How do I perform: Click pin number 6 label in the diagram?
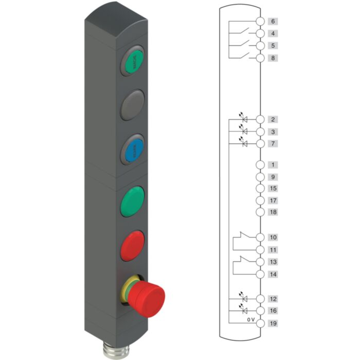tap(273, 22)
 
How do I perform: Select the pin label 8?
tap(273, 58)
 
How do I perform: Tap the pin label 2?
tap(273, 119)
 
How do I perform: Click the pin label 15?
tap(273, 189)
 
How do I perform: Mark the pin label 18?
tap(273, 212)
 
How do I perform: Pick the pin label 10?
tap(273, 238)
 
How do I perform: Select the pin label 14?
tap(273, 275)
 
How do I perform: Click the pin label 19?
tap(273, 323)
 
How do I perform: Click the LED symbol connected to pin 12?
tap(244, 298)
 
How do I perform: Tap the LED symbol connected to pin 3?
tap(244, 131)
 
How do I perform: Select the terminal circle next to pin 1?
tap(260, 165)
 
